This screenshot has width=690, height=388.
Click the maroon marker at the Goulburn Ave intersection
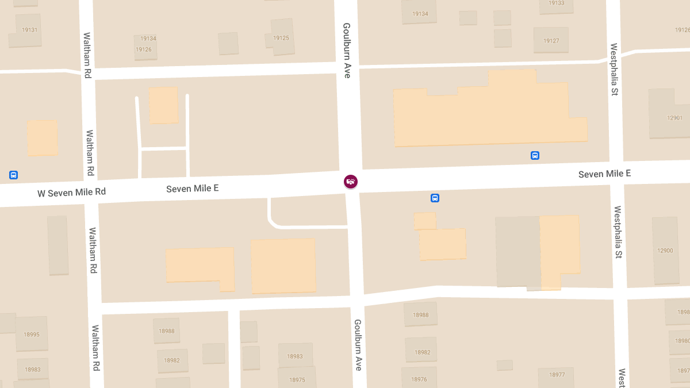[350, 181]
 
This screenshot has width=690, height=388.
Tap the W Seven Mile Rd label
[72, 193]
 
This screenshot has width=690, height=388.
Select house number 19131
[29, 30]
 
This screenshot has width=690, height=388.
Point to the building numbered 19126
[144, 49]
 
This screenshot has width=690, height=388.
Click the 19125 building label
[281, 38]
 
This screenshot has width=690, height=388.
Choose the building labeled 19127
[551, 41]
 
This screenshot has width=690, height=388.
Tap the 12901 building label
[674, 118]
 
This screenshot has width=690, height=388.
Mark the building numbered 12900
[665, 251]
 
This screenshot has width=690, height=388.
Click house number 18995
[32, 334]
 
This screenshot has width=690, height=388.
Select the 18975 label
[297, 380]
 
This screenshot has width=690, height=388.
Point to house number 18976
[419, 379]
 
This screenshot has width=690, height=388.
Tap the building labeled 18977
[557, 375]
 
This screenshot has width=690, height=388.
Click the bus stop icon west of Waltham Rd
[13, 175]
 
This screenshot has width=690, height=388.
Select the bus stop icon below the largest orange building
[535, 155]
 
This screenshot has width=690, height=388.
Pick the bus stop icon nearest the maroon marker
[435, 198]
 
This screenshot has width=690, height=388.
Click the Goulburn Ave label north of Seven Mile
[347, 51]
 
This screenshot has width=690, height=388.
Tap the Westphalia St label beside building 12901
[614, 69]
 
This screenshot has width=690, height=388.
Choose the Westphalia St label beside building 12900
[618, 232]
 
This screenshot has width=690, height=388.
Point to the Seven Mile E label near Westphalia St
[604, 174]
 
